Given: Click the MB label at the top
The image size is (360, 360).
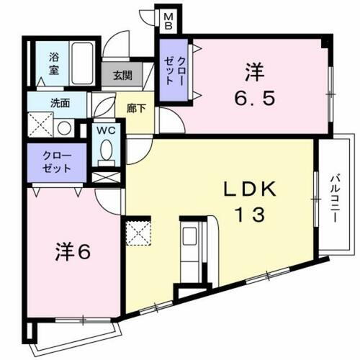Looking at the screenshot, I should [166, 19].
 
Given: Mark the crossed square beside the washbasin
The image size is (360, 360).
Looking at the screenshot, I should [40, 127].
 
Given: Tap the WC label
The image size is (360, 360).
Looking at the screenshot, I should [107, 132].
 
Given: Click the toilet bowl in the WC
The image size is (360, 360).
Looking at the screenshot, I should [107, 153].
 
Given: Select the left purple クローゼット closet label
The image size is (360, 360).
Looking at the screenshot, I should [57, 162].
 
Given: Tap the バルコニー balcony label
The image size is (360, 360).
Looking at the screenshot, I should [336, 194].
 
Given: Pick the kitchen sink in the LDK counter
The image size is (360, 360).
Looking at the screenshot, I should [192, 238].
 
